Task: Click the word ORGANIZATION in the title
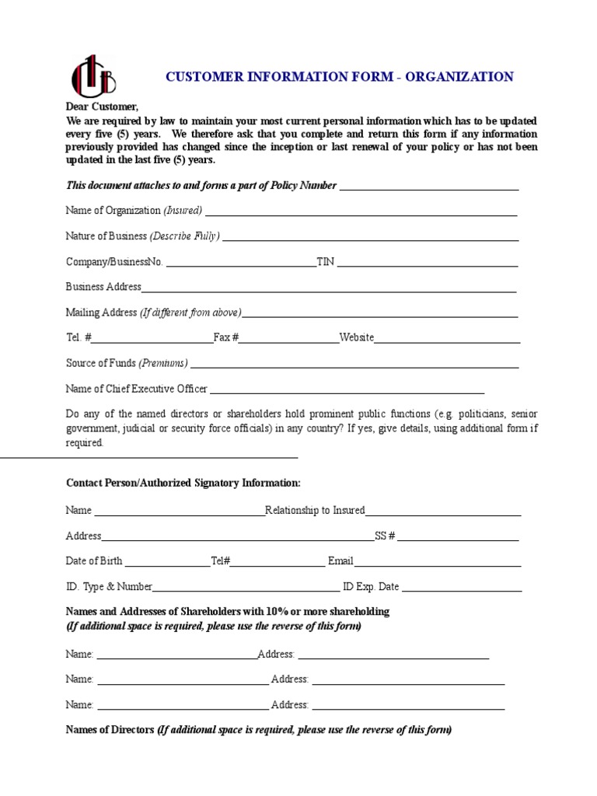click(x=465, y=77)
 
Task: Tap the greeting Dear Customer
click(x=102, y=107)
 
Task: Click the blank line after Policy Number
click(x=429, y=187)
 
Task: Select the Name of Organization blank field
click(x=361, y=212)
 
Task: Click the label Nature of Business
click(x=106, y=236)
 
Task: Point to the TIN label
click(x=325, y=262)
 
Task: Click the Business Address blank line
click(x=329, y=289)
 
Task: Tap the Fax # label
click(x=225, y=337)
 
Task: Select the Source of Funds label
click(x=101, y=363)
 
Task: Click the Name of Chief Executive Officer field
click(x=347, y=391)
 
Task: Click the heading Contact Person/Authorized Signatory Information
click(x=183, y=484)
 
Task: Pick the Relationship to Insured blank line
click(x=443, y=512)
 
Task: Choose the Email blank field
click(x=437, y=564)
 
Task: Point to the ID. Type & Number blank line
click(x=246, y=589)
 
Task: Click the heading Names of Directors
click(x=110, y=731)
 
